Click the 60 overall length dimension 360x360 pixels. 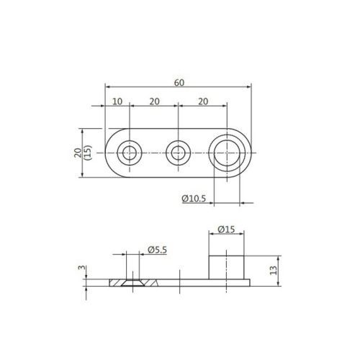[179, 83]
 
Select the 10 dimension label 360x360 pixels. [117, 102]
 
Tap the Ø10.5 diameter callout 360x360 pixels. [194, 199]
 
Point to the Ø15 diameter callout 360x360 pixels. [226, 230]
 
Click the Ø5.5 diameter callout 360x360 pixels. [157, 250]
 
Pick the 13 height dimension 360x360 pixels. [274, 271]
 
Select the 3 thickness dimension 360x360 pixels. [82, 267]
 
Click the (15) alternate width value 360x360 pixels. [88, 153]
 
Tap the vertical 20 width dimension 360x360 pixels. [78, 153]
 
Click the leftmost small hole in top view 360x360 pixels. [130, 153]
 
